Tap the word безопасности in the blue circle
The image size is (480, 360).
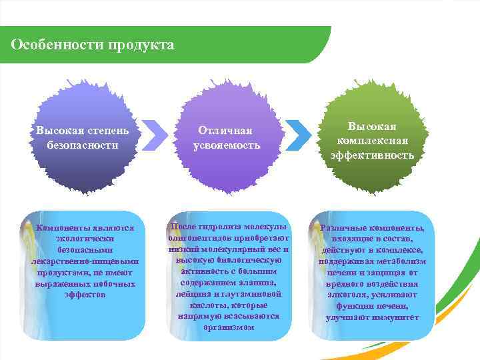coord(83,144)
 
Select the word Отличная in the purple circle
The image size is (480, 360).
coord(227,131)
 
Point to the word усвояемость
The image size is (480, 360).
coord(227,145)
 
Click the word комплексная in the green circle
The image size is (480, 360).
coord(372,141)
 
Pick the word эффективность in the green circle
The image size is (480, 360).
coord(372,155)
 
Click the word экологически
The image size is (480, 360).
coord(83,237)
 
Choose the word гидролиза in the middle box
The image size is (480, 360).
coord(221,227)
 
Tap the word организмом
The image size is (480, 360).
coord(229,327)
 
